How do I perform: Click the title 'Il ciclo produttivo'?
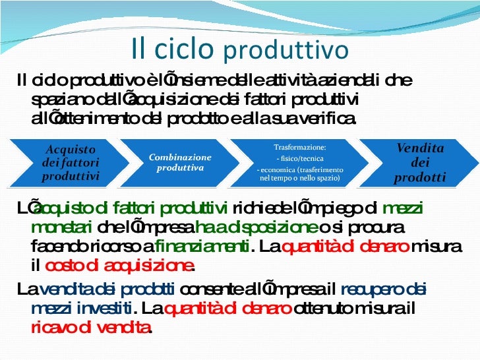coord(239,48)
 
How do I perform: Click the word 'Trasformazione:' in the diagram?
coord(299,148)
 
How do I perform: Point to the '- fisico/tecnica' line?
coord(299,159)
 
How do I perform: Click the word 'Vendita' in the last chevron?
coord(419,148)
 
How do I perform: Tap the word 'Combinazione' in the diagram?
coord(180,158)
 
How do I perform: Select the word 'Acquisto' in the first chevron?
coord(70,150)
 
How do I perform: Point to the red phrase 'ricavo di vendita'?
coord(90,326)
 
